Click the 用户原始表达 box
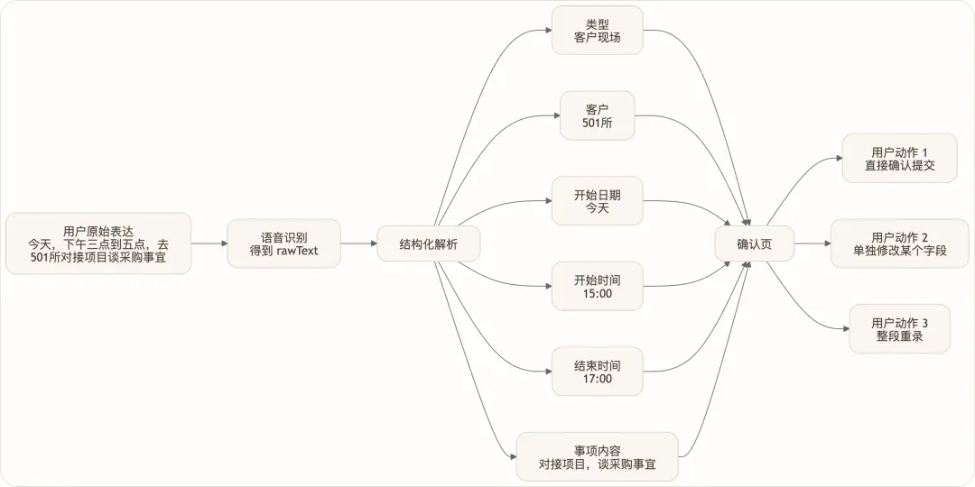click(x=98, y=243)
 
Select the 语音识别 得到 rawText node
click(x=284, y=243)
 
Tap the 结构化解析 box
click(x=429, y=243)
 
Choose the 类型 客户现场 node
click(x=597, y=30)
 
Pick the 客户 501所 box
click(x=597, y=115)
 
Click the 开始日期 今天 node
click(x=597, y=201)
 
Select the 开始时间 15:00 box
click(x=597, y=286)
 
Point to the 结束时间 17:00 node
click(x=597, y=372)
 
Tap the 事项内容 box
click(x=597, y=456)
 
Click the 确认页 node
click(x=754, y=243)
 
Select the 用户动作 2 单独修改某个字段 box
click(x=899, y=243)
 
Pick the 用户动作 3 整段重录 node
click(x=899, y=328)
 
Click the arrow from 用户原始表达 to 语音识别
click(x=209, y=243)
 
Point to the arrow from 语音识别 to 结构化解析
click(x=359, y=243)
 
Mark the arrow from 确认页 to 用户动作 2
click(x=812, y=243)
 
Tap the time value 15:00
click(x=597, y=293)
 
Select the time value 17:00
click(x=597, y=379)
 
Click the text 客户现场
click(x=597, y=37)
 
